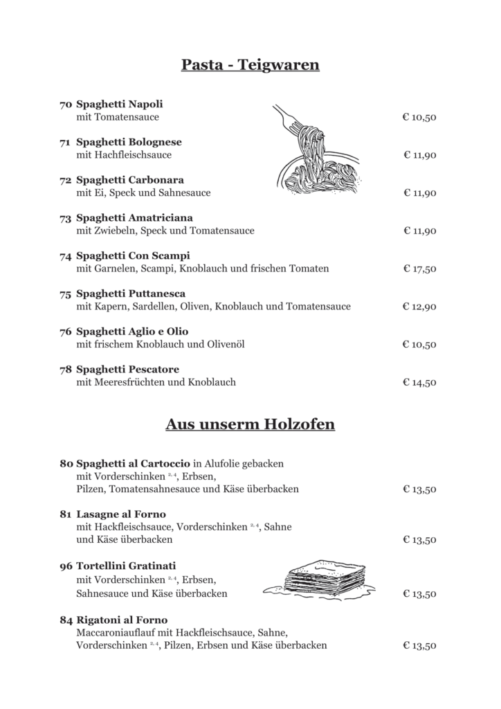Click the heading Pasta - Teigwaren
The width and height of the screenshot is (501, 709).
tap(250, 65)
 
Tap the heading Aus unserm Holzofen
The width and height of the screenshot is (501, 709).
tap(250, 424)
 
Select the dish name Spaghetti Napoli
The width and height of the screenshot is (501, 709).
tap(120, 105)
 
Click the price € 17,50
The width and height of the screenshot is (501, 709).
tap(419, 269)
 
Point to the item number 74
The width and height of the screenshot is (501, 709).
tap(66, 256)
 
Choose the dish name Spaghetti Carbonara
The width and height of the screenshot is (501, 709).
tap(129, 180)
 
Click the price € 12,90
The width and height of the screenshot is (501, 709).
tap(419, 307)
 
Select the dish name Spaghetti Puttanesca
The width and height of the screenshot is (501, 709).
tap(131, 294)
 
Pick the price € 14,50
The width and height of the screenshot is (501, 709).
tap(419, 382)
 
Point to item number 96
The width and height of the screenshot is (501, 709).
tap(66, 566)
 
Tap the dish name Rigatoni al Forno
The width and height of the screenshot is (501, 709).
tap(122, 620)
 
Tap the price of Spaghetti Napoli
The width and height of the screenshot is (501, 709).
tap(419, 118)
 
